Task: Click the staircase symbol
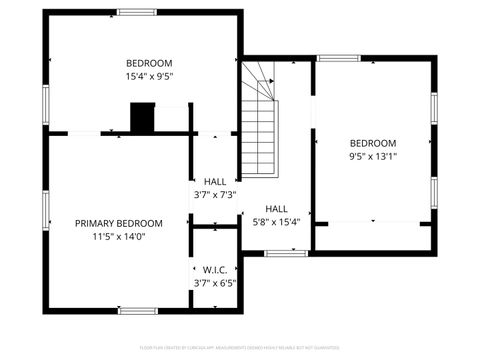(x=259, y=125)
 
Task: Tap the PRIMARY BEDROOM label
(x=119, y=223)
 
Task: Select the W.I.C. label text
(x=214, y=270)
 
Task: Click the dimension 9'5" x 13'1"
(x=373, y=156)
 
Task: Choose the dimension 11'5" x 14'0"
(x=119, y=237)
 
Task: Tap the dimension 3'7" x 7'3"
(x=214, y=194)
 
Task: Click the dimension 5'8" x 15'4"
(x=277, y=221)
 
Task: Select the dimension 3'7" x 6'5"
(x=214, y=283)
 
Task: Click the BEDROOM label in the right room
(x=373, y=143)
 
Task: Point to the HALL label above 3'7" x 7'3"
(x=214, y=181)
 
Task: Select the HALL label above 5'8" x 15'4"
(x=277, y=208)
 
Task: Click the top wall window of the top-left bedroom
(x=137, y=12)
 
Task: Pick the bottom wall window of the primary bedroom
(x=137, y=310)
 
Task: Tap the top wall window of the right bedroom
(x=338, y=58)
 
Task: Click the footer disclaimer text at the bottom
(x=240, y=348)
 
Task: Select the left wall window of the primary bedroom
(x=45, y=205)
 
